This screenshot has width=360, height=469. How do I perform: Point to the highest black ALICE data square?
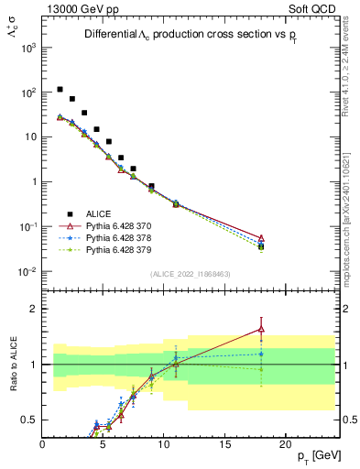coord(60,90)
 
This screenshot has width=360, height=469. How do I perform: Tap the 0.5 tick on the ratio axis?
coord(29,420)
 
